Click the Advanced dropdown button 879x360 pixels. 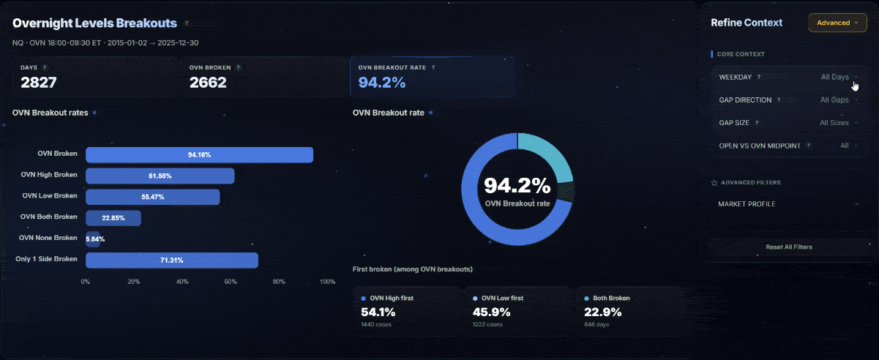(x=837, y=23)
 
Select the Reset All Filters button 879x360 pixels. (x=788, y=247)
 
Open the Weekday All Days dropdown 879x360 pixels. (x=839, y=77)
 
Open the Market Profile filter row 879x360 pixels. (x=788, y=204)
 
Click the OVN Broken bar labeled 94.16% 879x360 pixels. (x=199, y=155)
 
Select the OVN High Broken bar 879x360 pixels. (x=160, y=176)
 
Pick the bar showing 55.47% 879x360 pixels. (x=152, y=197)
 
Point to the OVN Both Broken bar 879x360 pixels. (x=113, y=218)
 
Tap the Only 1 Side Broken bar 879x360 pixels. (x=171, y=260)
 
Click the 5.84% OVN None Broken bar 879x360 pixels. (x=93, y=239)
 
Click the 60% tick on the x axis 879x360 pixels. (x=231, y=282)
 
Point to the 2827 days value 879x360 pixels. (x=39, y=83)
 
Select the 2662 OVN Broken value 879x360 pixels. (x=208, y=83)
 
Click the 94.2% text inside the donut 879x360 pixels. (x=517, y=185)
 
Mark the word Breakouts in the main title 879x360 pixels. (x=146, y=23)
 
